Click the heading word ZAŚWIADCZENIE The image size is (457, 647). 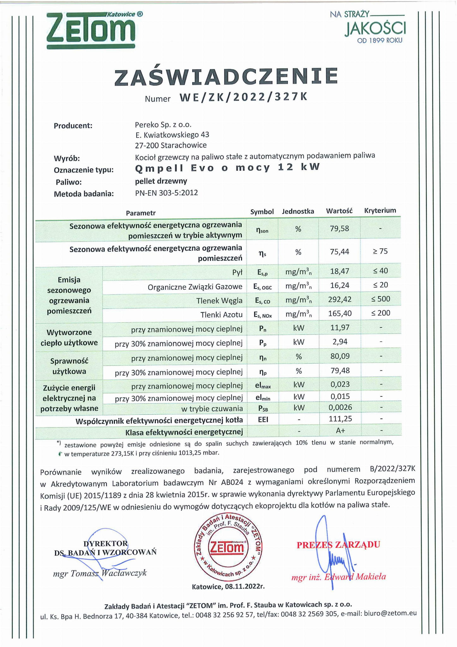(226, 76)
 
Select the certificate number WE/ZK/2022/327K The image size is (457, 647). (243, 97)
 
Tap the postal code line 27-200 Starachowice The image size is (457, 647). (171, 145)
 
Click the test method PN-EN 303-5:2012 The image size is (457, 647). (166, 193)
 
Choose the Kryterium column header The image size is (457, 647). (380, 211)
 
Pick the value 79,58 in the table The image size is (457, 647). (340, 229)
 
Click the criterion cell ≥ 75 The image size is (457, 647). (380, 251)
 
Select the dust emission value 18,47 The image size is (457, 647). (340, 271)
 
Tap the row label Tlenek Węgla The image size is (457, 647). (219, 301)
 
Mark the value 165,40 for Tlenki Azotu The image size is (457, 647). (340, 314)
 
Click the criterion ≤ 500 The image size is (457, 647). (381, 299)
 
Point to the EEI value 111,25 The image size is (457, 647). (340, 419)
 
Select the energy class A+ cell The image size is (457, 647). (340, 430)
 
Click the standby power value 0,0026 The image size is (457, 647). (340, 407)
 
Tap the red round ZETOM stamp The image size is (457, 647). (228, 548)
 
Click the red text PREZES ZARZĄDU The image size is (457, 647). (338, 545)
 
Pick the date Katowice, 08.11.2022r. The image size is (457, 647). (228, 587)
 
